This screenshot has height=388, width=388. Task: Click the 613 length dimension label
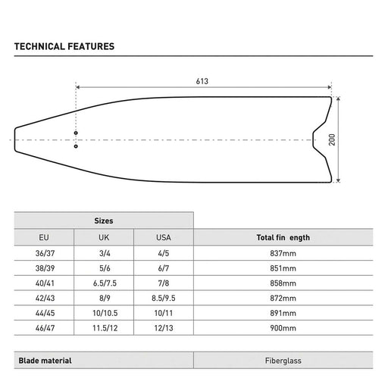pos(202,81)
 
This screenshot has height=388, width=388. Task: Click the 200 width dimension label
pos(332,139)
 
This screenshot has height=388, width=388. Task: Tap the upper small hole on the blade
pos(76,133)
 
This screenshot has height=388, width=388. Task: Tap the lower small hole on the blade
pos(76,146)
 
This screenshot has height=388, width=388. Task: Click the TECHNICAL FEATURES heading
pos(64,46)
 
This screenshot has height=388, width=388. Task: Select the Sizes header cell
pos(104,221)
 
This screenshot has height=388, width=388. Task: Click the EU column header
pos(44,237)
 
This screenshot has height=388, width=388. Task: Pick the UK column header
pos(104,237)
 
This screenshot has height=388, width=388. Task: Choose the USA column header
pos(164,237)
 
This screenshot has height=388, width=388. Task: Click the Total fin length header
pos(283,237)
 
